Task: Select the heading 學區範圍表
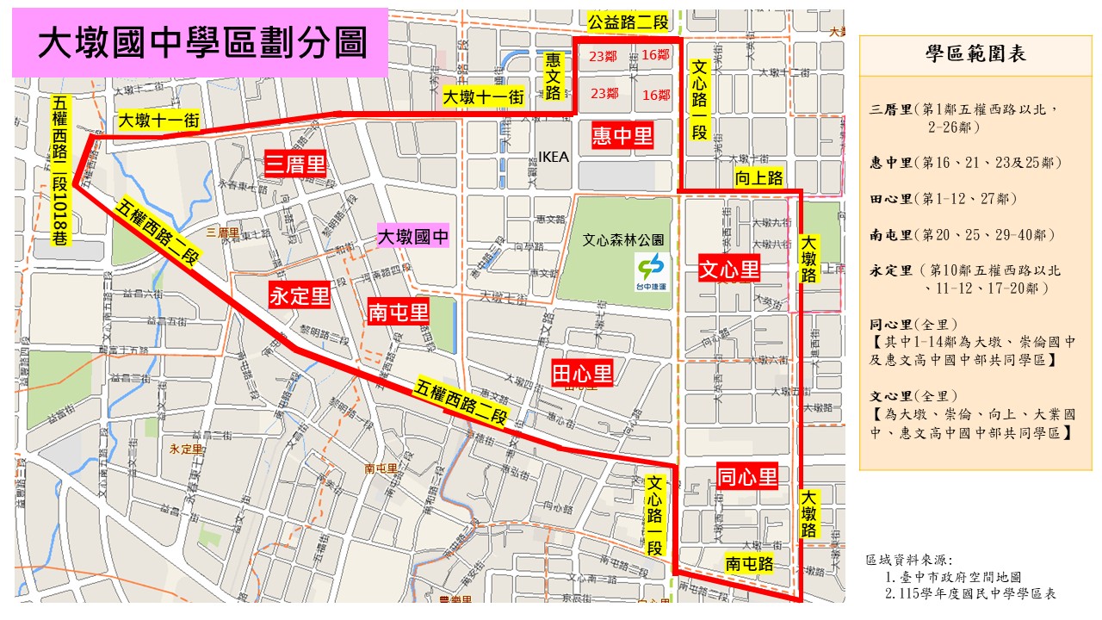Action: tap(975, 53)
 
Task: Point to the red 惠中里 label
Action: tap(622, 134)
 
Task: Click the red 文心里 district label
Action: tap(728, 270)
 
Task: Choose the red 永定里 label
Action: tap(300, 296)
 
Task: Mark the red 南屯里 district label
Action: tap(397, 311)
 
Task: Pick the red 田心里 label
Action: tap(582, 372)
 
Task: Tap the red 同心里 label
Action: tap(746, 475)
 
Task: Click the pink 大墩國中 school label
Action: tap(413, 237)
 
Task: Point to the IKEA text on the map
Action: tap(553, 157)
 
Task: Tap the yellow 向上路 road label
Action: tap(758, 177)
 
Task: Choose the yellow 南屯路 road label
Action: tap(747, 563)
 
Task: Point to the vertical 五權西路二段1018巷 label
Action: tap(60, 171)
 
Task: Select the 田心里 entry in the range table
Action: tap(944, 199)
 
